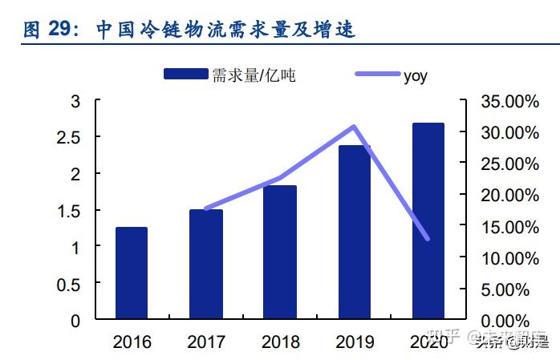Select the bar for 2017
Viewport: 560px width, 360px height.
(x=206, y=264)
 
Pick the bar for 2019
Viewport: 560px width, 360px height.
(x=354, y=232)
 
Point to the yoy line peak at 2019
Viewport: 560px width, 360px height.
(x=354, y=127)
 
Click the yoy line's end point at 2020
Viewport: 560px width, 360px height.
(x=428, y=239)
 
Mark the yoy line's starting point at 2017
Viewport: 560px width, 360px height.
(x=206, y=208)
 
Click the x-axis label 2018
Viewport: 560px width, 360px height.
(x=280, y=342)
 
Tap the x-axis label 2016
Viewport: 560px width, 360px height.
(x=132, y=342)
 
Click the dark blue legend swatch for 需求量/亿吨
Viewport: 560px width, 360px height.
(x=186, y=75)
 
